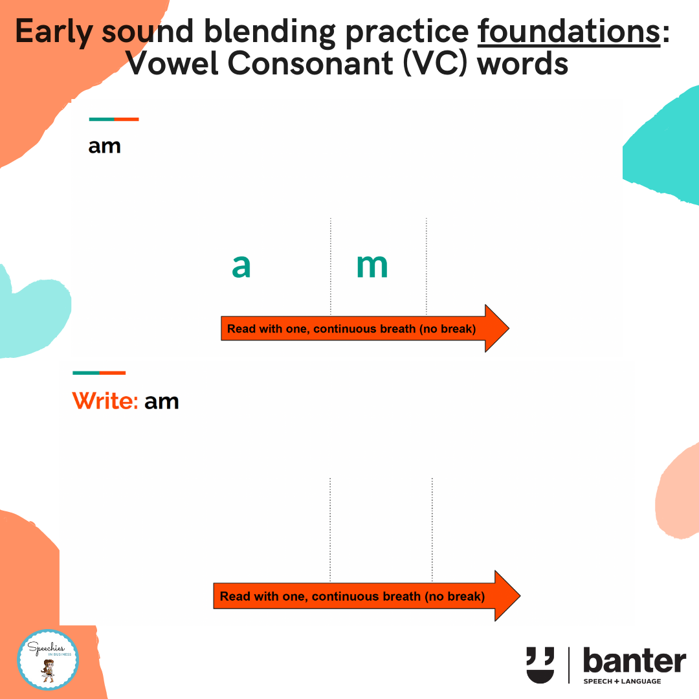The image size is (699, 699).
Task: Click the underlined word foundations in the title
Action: tap(569, 32)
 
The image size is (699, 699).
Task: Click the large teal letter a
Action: tap(241, 266)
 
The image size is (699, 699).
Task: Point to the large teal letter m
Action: tap(372, 266)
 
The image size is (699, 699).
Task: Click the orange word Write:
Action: tap(105, 401)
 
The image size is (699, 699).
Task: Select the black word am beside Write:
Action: tap(161, 402)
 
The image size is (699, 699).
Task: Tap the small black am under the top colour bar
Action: tap(104, 147)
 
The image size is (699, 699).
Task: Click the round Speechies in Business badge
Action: tap(48, 660)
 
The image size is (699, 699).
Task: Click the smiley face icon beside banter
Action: tap(540, 665)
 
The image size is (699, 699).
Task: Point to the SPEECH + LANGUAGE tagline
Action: tap(623, 681)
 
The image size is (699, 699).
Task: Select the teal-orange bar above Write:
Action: tap(99, 373)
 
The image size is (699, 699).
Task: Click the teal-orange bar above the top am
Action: tap(114, 120)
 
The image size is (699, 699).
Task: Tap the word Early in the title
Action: tap(54, 32)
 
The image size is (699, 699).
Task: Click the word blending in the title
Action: tap(270, 32)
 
